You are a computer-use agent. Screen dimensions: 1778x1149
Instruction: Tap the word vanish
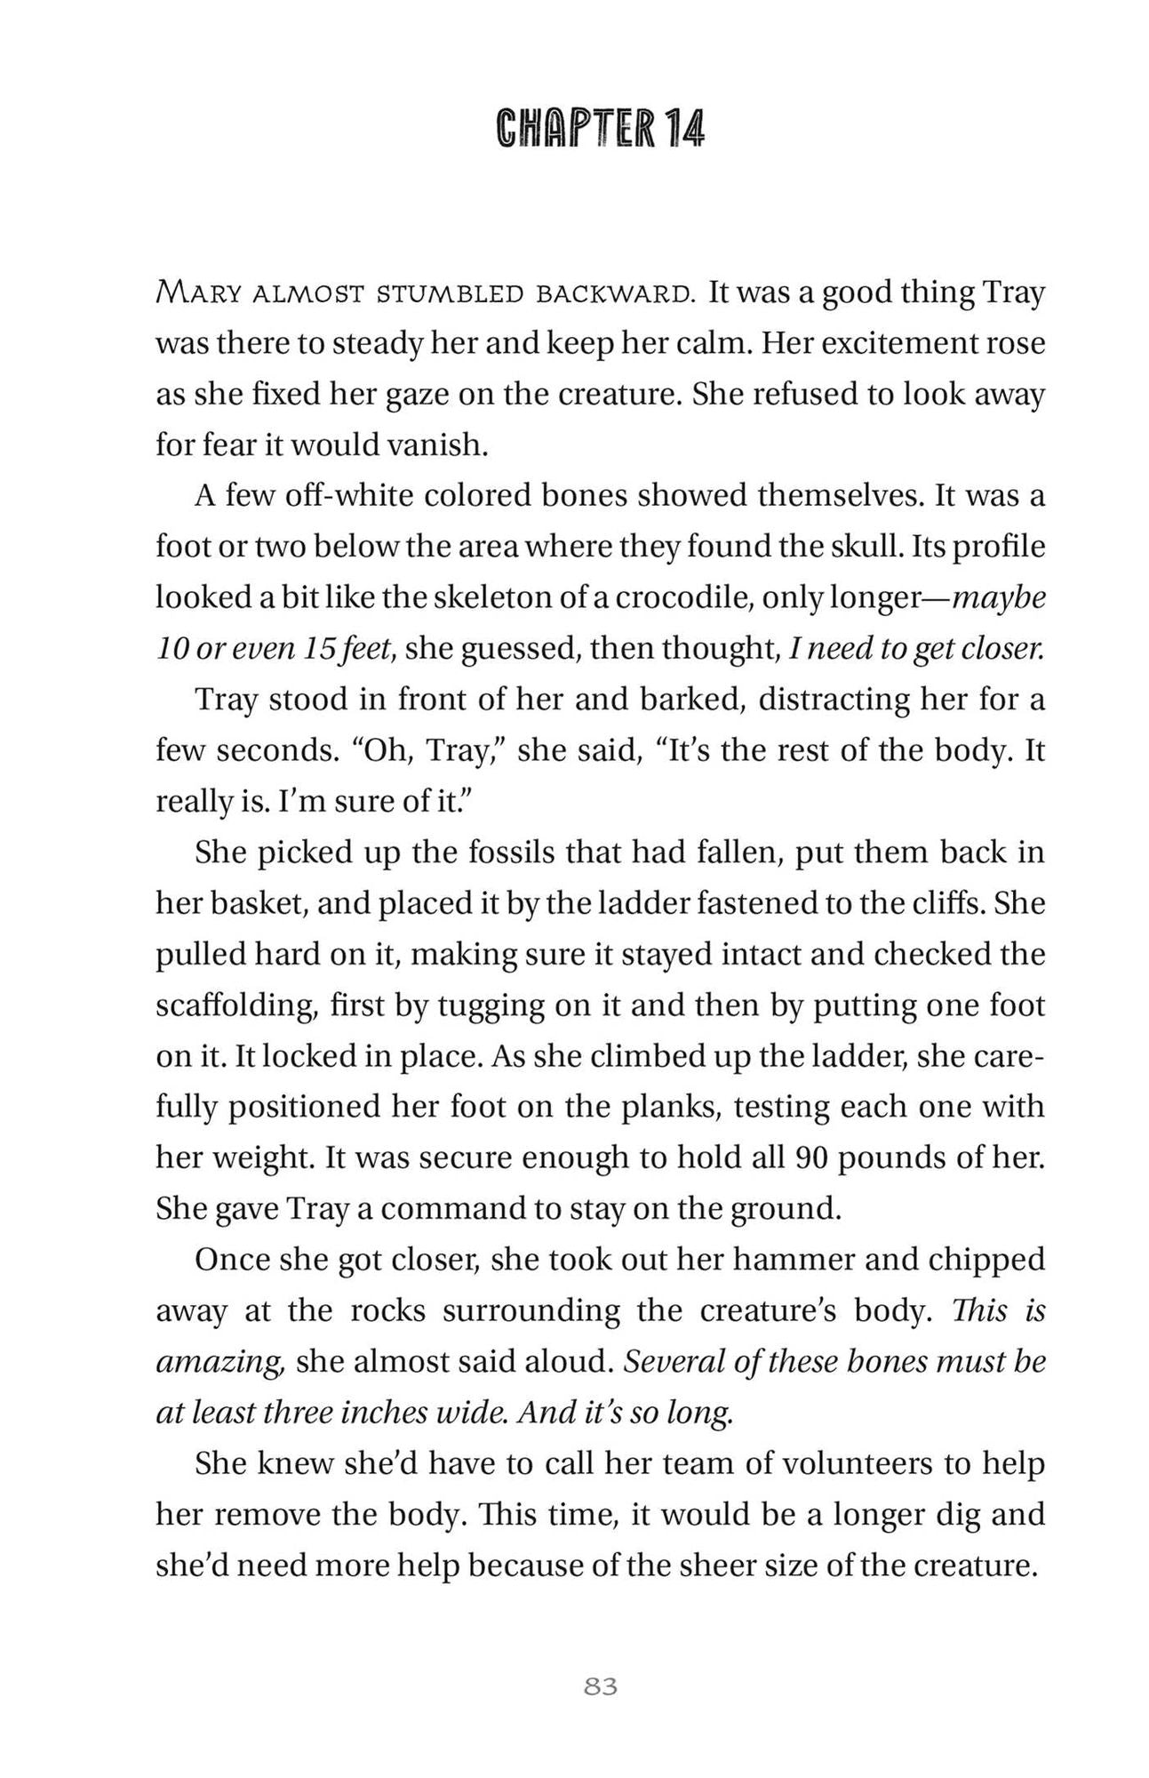click(440, 444)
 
